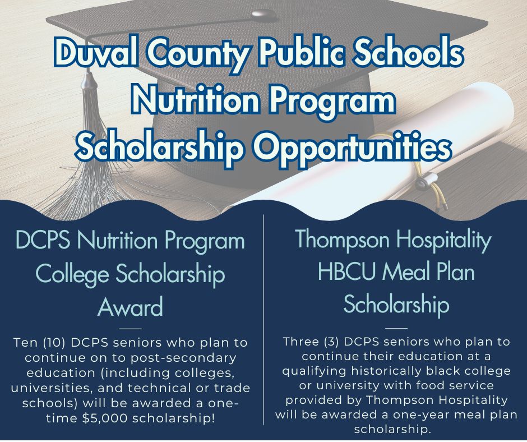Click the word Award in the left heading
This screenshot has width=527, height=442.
(x=130, y=307)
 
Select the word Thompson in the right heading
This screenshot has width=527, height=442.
(x=343, y=241)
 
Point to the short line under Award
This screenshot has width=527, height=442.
(x=131, y=328)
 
